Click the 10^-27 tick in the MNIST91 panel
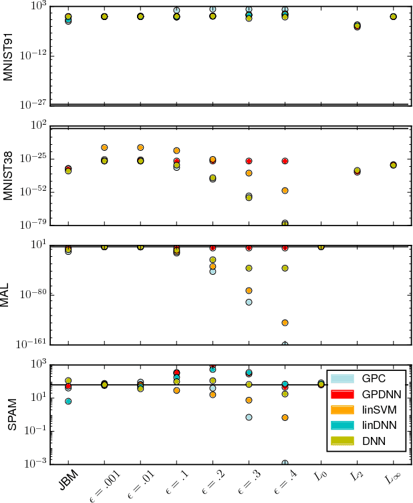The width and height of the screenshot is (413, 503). coord(31,104)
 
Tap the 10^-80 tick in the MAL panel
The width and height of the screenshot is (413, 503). coord(31,294)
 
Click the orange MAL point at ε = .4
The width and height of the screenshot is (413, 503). coord(285,323)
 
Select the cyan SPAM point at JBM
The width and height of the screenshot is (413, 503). coord(68,401)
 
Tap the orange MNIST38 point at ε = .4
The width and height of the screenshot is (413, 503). coord(285,191)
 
